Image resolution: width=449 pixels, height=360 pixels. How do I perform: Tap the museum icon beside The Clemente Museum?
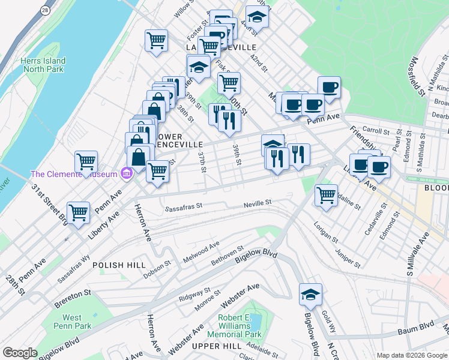(126, 175)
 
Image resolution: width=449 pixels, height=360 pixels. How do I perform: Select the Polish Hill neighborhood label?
(116, 265)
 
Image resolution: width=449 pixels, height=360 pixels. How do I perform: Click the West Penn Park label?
(72, 322)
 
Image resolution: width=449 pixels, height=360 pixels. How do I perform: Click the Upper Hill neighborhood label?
(214, 346)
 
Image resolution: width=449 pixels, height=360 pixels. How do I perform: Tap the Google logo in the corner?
(20, 353)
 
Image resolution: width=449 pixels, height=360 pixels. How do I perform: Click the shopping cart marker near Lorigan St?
(326, 195)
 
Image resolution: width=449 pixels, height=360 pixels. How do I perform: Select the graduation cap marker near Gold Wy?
(310, 294)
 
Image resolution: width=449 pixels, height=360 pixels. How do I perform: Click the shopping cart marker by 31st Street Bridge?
(78, 212)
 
